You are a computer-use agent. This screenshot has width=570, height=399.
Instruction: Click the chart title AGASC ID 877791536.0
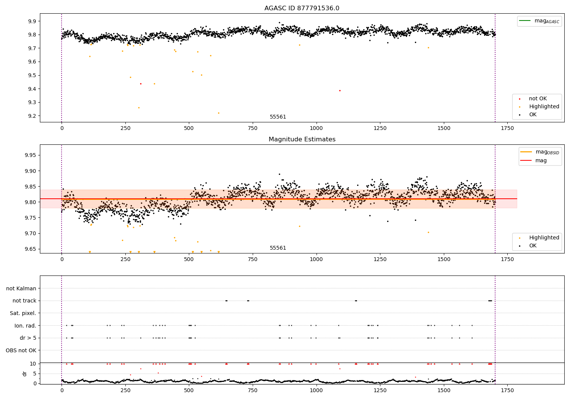[x=302, y=8]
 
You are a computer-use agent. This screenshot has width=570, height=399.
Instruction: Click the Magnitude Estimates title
[x=302, y=139]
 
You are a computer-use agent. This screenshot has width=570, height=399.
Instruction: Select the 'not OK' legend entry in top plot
[x=538, y=99]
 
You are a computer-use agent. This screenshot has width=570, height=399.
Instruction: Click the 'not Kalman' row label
[x=21, y=288]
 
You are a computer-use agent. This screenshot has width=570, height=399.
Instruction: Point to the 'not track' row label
[x=24, y=301]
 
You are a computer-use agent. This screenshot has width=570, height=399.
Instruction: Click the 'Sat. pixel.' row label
[x=23, y=313]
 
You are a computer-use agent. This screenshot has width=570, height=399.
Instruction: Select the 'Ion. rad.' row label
[x=25, y=326]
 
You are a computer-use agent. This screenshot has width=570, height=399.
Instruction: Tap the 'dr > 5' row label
[x=28, y=338]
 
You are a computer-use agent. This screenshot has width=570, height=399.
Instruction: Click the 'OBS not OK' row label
[x=21, y=350]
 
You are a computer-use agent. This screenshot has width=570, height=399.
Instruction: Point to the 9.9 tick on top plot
[x=32, y=21]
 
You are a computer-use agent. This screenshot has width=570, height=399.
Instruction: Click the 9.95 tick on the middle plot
[x=30, y=155]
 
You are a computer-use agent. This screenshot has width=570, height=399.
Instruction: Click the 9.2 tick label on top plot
[x=32, y=116]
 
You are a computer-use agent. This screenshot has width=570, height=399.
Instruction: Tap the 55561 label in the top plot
[x=278, y=117]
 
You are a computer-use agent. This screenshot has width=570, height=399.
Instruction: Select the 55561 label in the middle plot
[x=278, y=248]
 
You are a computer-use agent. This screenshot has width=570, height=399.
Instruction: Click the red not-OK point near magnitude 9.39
[x=340, y=90]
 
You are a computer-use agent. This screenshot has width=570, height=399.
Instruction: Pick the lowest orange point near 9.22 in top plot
[x=218, y=113]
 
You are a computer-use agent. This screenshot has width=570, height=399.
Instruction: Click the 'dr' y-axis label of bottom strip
[x=25, y=374]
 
